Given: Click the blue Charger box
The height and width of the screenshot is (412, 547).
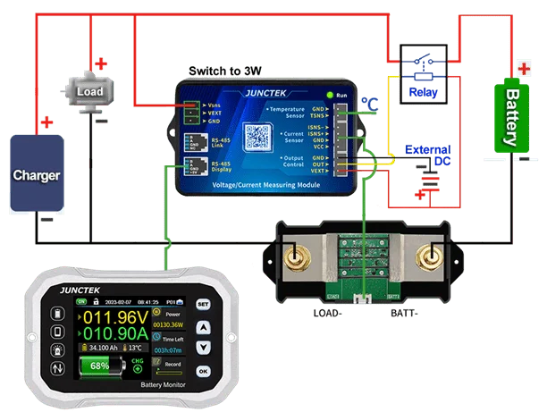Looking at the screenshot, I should (36, 175).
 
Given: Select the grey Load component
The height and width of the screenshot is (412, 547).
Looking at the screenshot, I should (89, 91).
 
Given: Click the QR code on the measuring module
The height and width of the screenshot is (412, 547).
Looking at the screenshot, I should (257, 137).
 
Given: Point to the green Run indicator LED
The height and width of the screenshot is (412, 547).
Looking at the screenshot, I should (331, 94).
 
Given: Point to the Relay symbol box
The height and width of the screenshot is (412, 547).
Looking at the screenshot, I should (419, 72).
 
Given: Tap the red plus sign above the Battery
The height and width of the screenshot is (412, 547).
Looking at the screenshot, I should (521, 67).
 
